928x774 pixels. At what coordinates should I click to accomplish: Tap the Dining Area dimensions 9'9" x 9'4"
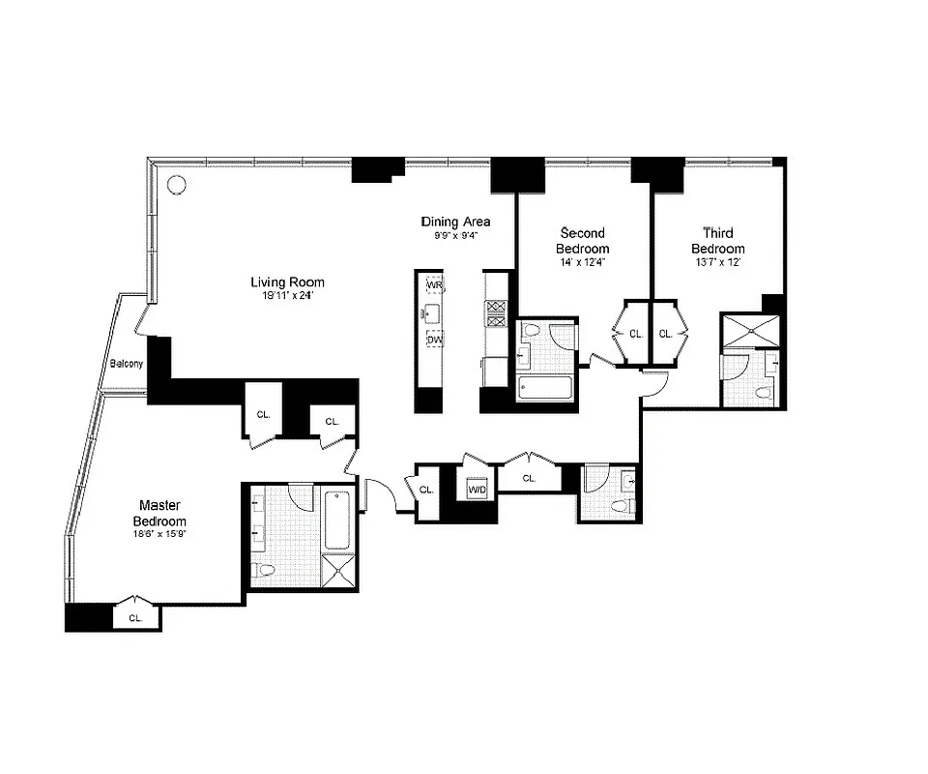pyautogui.click(x=455, y=235)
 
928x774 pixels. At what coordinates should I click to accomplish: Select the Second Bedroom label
pyautogui.click(x=584, y=241)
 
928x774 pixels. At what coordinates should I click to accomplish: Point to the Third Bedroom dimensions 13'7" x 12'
pyautogui.click(x=716, y=262)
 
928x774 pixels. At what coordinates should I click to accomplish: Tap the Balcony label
pyautogui.click(x=126, y=364)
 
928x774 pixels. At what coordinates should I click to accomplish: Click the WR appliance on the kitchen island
pyautogui.click(x=434, y=285)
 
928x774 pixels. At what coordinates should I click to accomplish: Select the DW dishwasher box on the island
pyautogui.click(x=434, y=341)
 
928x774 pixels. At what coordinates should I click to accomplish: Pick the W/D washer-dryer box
pyautogui.click(x=478, y=490)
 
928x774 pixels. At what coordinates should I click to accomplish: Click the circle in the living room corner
pyautogui.click(x=176, y=184)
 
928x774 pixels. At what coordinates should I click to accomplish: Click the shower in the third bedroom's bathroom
pyautogui.click(x=750, y=331)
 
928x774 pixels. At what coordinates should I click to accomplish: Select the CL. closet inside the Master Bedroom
pyautogui.click(x=135, y=616)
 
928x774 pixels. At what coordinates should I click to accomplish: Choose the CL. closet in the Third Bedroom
pyautogui.click(x=665, y=334)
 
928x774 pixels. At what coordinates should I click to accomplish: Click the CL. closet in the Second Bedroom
pyautogui.click(x=635, y=334)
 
